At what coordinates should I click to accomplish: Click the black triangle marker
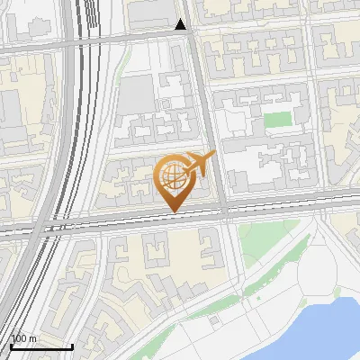tap(181, 24)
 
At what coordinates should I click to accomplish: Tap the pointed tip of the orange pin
tap(174, 212)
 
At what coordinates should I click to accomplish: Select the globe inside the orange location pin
tap(171, 175)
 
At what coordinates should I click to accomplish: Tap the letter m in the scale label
tap(33, 338)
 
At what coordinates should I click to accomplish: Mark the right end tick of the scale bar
tap(73, 346)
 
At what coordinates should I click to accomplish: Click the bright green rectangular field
tap(279, 120)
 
